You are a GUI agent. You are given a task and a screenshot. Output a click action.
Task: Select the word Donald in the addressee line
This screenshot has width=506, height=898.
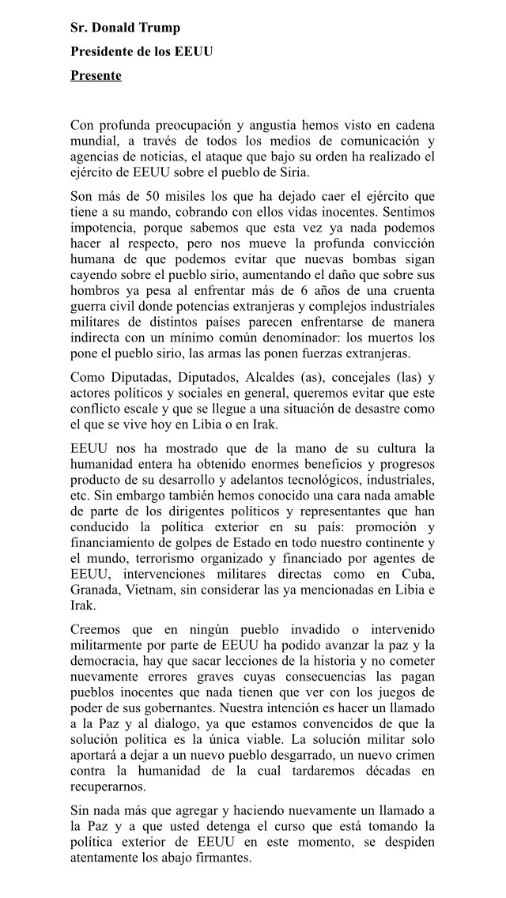click(x=111, y=28)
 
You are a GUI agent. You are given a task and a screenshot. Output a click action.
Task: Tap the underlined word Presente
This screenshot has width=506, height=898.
click(x=96, y=76)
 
